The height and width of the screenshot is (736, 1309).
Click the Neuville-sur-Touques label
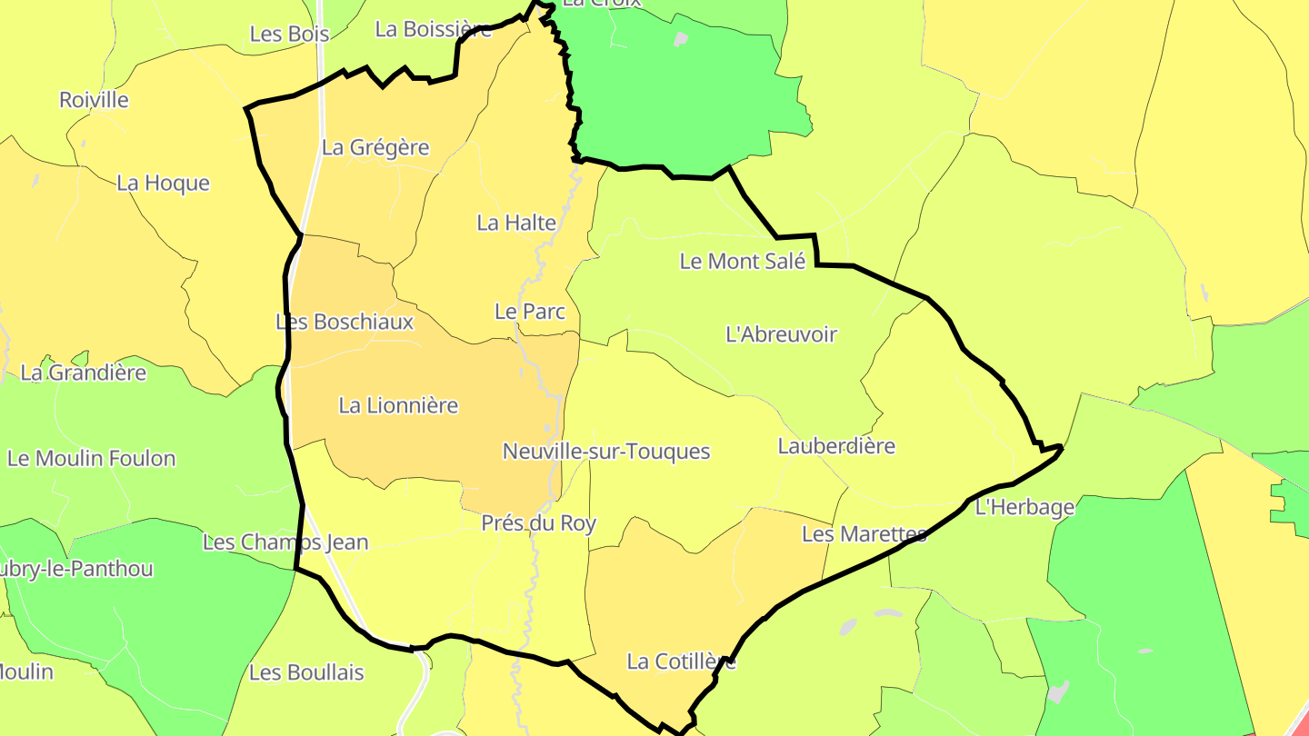pos(605,452)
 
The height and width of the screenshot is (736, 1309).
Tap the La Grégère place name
pos(375,147)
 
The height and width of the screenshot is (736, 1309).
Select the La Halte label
pos(516,223)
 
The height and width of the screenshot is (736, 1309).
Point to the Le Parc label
pos(530,312)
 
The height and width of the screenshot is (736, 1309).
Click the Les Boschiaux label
pos(345,322)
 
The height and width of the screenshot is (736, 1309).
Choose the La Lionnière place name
pos(398,405)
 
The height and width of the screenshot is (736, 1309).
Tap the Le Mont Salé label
pos(743,262)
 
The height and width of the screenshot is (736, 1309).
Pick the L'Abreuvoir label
pos(781,334)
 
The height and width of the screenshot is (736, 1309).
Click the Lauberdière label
pos(836,446)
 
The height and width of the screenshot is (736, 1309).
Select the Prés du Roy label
pos(539,523)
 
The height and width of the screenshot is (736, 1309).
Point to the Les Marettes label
pos(864,534)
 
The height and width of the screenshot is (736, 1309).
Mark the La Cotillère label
pos(681,661)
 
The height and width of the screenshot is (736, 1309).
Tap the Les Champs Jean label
pos(285,542)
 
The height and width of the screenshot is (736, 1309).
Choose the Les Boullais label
pos(306,673)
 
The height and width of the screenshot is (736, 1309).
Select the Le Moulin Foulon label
pos(91,458)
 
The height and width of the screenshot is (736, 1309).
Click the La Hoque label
pos(163,184)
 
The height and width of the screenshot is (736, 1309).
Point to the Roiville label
pos(95,100)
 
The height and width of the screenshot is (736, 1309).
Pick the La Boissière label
pos(434,29)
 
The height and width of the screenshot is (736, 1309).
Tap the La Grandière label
pos(83,373)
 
